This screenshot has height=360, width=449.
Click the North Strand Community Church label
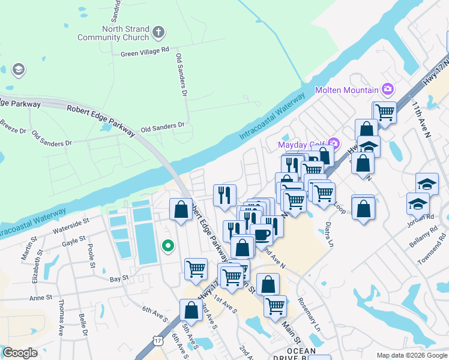pyautogui.click(x=113, y=33)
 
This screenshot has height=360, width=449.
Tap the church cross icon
pyautogui.click(x=158, y=32)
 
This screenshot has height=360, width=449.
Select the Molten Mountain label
pyautogui.click(x=347, y=90)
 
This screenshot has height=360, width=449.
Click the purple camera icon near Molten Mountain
pyautogui.click(x=388, y=90)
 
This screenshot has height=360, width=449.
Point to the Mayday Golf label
pyautogui.click(x=301, y=145)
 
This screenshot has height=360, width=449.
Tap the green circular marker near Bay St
pyautogui.click(x=169, y=245)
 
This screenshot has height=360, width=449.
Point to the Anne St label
pyautogui.click(x=41, y=298)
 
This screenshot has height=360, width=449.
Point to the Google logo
pyautogui.click(x=20, y=353)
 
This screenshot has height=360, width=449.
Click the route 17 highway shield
pyautogui.click(x=157, y=341)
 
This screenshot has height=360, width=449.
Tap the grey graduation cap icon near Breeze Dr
pyautogui.click(x=18, y=70)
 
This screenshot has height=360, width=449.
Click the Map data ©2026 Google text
pyautogui.click(x=411, y=355)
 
